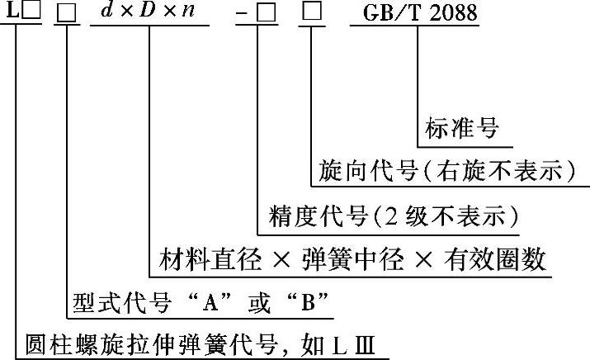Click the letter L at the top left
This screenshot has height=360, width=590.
point(9,14)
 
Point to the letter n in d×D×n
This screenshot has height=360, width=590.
point(190,14)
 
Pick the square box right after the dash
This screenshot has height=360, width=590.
point(263,14)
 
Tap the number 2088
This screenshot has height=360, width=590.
point(452,14)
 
